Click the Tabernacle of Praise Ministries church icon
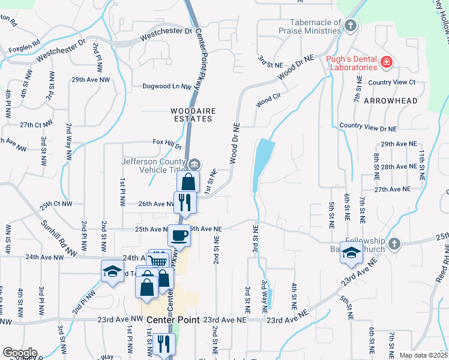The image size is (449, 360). coord(351,25)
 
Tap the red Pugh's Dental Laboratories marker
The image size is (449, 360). coord(387,62)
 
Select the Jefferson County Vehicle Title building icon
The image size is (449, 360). coord(195,164)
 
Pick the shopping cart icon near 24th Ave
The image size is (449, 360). coord(157,261)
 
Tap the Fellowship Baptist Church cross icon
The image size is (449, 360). coord(394,244)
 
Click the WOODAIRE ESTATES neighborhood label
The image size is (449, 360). coord(191,115)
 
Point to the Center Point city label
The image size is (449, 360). coord(173,320)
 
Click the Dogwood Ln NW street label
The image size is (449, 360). coord(166,86)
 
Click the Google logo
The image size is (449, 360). coord(19,353)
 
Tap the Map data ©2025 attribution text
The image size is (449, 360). coord(423,355)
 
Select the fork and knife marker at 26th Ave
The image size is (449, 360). coord(184,202)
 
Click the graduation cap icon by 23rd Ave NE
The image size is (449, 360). coord(351,253)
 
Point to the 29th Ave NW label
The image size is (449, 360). coord(91,79)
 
